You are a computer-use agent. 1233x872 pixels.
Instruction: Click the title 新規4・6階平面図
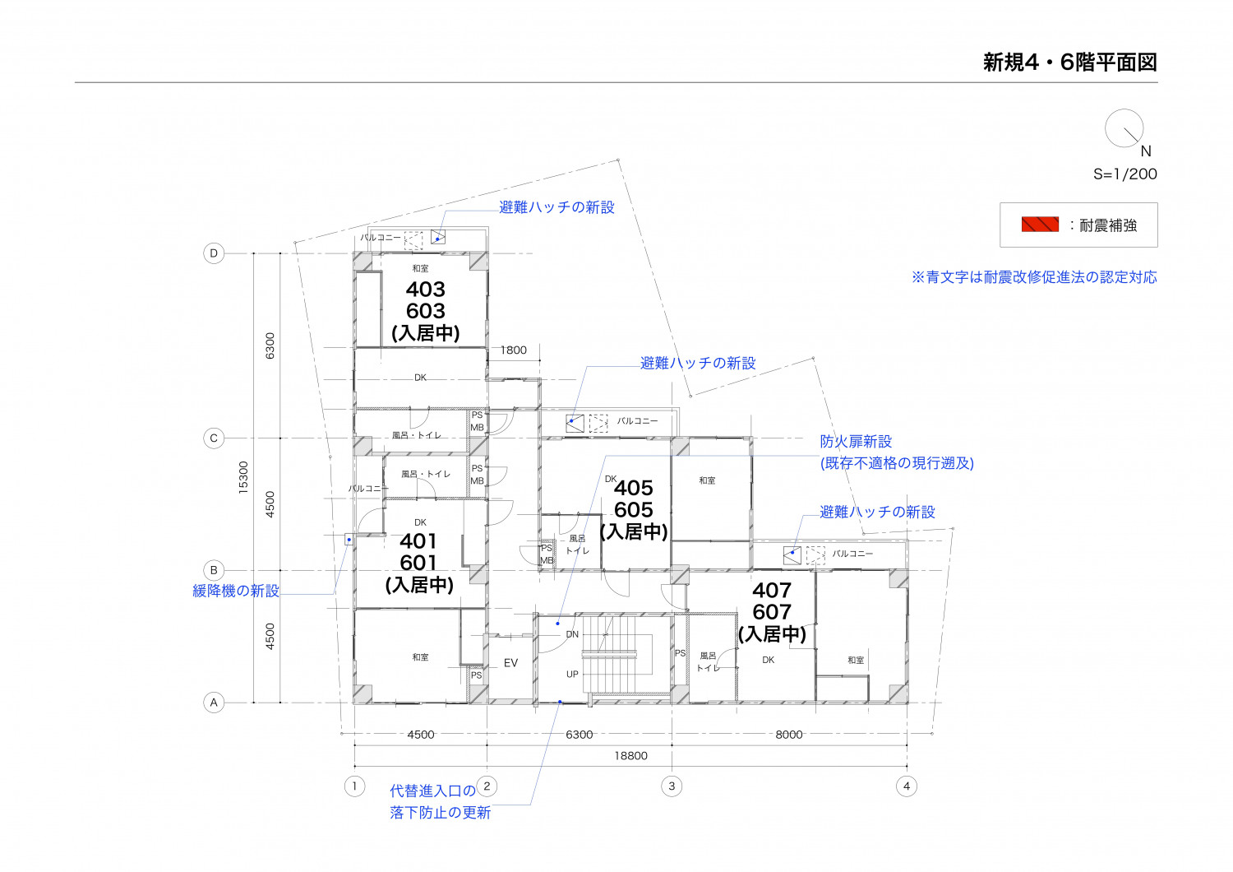tap(1069, 63)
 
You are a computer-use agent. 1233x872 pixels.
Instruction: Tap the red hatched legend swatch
tap(1040, 225)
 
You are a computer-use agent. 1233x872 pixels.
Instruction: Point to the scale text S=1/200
tap(1124, 174)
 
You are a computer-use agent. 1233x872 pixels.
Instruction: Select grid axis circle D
tap(214, 253)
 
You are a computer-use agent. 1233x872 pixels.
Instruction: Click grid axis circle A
tap(214, 703)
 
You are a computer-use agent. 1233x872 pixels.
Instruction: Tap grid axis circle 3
tap(672, 786)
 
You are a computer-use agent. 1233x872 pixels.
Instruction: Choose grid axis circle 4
tap(907, 786)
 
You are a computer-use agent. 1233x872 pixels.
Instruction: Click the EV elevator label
tap(510, 663)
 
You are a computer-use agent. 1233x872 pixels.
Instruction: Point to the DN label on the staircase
tap(572, 634)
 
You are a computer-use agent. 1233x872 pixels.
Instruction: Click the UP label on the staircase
tap(572, 674)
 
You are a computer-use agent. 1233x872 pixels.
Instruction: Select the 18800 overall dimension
tap(630, 756)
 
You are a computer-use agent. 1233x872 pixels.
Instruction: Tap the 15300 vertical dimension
tap(243, 478)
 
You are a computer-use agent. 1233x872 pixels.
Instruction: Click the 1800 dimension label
tap(514, 350)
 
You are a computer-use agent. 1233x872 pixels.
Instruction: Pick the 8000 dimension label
tap(789, 735)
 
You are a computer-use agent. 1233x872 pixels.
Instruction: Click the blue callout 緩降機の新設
tap(236, 591)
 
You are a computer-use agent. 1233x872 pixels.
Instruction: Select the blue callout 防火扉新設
tap(856, 441)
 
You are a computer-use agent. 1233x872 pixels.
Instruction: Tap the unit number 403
tap(426, 290)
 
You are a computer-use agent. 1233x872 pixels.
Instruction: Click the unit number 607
tap(772, 612)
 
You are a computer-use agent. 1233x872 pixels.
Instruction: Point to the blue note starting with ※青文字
tap(1034, 276)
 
